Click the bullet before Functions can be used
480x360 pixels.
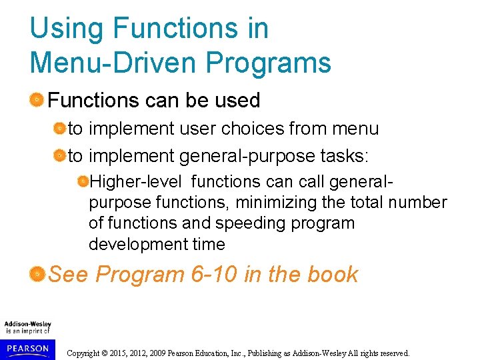(x=37, y=101)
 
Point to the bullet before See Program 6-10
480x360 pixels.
(x=37, y=273)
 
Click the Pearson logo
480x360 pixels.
(x=27, y=347)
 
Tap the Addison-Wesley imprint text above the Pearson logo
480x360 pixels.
(x=27, y=327)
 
